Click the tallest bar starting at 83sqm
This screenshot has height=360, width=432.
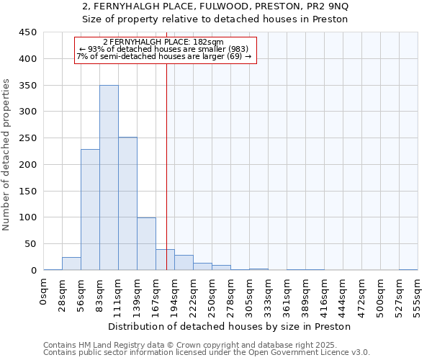(109, 178)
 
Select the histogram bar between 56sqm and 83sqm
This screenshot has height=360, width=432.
(90, 210)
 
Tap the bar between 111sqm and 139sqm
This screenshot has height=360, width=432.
(127, 204)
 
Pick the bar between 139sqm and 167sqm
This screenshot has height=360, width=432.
(146, 243)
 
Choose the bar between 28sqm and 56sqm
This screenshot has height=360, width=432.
(71, 264)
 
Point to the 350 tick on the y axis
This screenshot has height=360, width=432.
(28, 85)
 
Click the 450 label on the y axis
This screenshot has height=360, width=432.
(28, 32)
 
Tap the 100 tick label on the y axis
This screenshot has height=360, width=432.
(28, 217)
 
